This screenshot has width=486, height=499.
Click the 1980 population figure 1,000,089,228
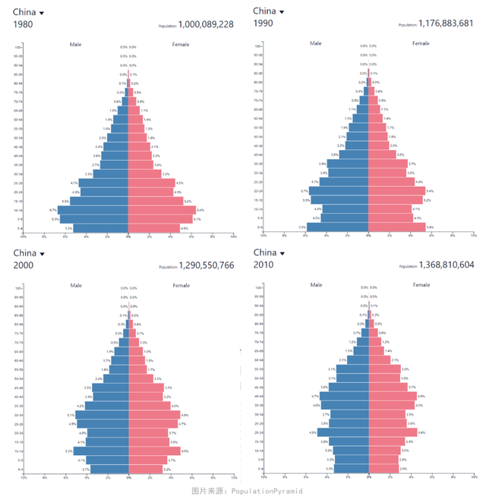click(x=206, y=24)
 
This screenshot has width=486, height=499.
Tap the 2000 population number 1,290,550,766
click(x=206, y=266)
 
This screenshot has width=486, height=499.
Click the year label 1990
click(x=263, y=24)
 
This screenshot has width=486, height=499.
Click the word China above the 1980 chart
click(x=24, y=12)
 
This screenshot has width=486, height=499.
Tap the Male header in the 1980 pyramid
click(x=76, y=44)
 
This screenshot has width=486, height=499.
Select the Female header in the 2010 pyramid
click(x=421, y=284)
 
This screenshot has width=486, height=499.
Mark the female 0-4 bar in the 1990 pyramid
click(x=398, y=227)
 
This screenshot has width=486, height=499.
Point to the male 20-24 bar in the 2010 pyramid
click(x=342, y=432)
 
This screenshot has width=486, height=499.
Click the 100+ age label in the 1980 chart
click(x=19, y=47)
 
